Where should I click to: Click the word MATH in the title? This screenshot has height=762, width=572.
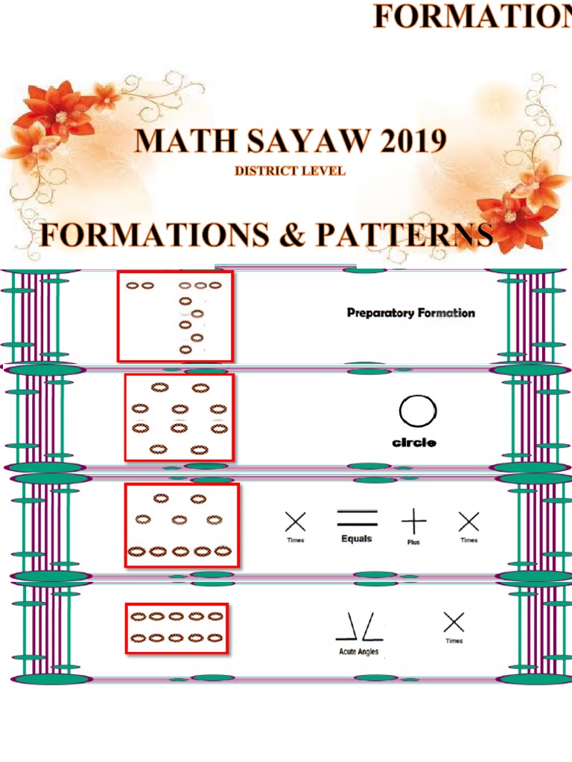pos(178,141)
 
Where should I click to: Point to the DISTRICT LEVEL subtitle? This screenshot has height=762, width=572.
pos(290,171)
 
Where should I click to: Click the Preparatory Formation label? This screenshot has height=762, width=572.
pos(410,313)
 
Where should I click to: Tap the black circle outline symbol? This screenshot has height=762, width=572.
pos(418,412)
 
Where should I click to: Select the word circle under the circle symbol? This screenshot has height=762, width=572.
pos(414,443)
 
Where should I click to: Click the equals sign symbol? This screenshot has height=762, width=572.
pos(357,517)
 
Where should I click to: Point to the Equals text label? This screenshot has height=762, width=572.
pos(357,539)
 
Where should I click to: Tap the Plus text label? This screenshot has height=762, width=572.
pos(413,542)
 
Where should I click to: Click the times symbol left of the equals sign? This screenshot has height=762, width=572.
pos(296,521)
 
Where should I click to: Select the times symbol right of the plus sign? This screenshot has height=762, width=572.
pos(468,521)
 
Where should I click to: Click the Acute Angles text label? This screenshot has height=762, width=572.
pos(359,652)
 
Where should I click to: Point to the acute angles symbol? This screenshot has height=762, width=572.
pos(359,630)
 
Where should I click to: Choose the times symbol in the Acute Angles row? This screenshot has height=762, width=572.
pos(454,622)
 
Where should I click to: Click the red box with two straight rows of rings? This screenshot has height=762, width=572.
pos(177,628)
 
